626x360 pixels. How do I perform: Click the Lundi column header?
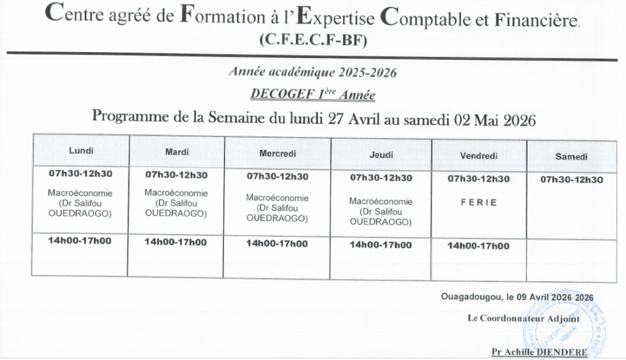pos(81,150)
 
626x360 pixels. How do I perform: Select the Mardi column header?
pos(176,151)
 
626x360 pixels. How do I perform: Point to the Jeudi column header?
pos(381,155)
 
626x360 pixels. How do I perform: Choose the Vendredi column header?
pos(478,156)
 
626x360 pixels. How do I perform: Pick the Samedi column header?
pos(572,157)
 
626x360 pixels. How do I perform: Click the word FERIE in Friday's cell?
pos(479,202)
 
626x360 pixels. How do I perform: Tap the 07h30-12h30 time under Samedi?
pos(572,180)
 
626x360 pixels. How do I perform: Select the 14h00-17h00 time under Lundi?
pos(79,240)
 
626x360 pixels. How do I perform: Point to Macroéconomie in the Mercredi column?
pos(277,198)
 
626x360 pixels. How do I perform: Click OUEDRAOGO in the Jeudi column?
pos(380,223)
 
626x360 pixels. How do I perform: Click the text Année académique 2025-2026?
pos(313,73)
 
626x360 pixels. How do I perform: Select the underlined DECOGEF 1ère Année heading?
pos(312,95)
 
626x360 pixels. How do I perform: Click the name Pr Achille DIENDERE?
pos(539,352)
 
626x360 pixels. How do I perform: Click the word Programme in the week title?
pos(123,117)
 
